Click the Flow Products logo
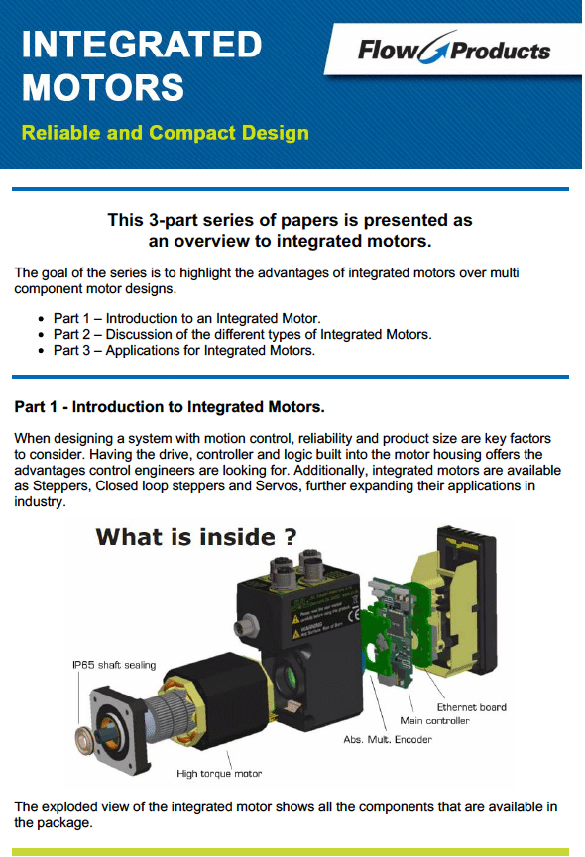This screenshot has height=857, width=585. point(453,50)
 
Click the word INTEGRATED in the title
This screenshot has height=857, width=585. point(141,45)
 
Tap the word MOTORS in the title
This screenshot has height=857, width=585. point(102,88)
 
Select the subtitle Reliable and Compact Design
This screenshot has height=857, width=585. point(165,133)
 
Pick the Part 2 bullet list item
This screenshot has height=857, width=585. point(242,334)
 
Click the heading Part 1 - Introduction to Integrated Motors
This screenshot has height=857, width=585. point(170,406)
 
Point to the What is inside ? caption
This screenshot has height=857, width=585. point(195,537)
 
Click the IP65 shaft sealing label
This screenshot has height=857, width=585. point(114,665)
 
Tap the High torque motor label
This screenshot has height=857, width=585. point(219,773)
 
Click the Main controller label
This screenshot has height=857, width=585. point(434,721)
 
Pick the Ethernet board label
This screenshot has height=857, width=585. point(471,707)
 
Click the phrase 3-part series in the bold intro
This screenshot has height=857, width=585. point(193,220)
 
